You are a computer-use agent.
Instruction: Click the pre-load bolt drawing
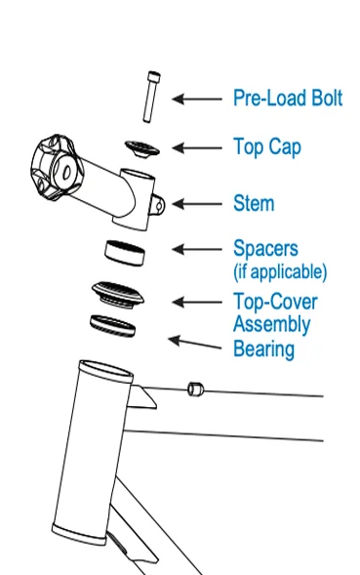(x=150, y=97)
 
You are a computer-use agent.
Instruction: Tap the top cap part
(x=142, y=148)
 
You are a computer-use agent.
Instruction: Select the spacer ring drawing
(x=125, y=253)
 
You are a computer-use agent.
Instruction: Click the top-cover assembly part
(x=118, y=295)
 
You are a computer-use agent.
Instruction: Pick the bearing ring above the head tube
(x=112, y=326)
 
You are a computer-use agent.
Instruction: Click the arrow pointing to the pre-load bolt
(x=197, y=99)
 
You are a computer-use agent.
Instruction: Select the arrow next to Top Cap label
(x=197, y=148)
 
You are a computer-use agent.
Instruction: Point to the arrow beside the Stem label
(x=197, y=204)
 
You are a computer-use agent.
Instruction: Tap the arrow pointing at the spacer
(x=197, y=249)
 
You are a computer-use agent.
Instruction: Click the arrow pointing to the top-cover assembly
(x=197, y=303)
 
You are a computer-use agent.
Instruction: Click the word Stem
(x=254, y=203)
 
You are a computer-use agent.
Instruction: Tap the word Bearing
(x=263, y=349)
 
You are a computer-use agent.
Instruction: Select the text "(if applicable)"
(x=280, y=271)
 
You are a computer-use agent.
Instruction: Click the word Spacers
(x=265, y=249)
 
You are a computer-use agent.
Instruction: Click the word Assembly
(x=271, y=324)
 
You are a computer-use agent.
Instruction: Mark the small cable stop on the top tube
(x=195, y=389)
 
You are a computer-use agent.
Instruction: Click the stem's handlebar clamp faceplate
(x=55, y=167)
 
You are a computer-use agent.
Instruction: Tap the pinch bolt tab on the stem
(x=158, y=205)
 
